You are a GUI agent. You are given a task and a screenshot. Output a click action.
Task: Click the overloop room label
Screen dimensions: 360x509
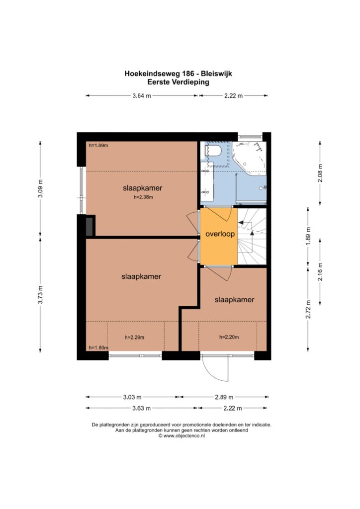220,234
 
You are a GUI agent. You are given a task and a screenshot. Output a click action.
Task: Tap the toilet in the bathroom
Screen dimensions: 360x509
214,151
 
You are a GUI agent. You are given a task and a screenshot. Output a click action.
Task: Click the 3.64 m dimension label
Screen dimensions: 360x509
142,96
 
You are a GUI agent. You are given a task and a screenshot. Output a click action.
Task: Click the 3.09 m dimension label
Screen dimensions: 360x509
40,188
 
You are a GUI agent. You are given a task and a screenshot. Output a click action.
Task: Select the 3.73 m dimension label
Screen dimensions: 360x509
40,294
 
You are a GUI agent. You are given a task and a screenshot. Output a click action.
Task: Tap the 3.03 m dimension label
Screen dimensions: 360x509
132,397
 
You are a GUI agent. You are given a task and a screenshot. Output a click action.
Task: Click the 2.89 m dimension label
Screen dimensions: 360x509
224,397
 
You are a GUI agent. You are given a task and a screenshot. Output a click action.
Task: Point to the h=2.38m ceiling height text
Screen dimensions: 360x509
143,197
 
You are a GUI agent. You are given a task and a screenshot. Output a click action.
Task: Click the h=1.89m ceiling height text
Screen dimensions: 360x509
98,146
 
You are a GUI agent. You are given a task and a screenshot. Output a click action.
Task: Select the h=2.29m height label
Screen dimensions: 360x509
134,338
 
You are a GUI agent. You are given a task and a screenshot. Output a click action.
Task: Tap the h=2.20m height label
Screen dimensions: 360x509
229,337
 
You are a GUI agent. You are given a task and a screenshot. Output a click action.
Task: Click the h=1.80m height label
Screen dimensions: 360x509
98,347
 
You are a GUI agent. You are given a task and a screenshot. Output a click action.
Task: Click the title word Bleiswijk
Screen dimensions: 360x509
218,74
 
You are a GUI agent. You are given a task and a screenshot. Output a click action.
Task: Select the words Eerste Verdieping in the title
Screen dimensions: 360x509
178,82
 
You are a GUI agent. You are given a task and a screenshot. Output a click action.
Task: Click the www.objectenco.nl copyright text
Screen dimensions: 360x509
181,436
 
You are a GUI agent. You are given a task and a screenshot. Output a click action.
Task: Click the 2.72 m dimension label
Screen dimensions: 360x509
308,309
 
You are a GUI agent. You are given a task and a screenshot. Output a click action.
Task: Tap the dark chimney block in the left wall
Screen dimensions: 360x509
90,226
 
